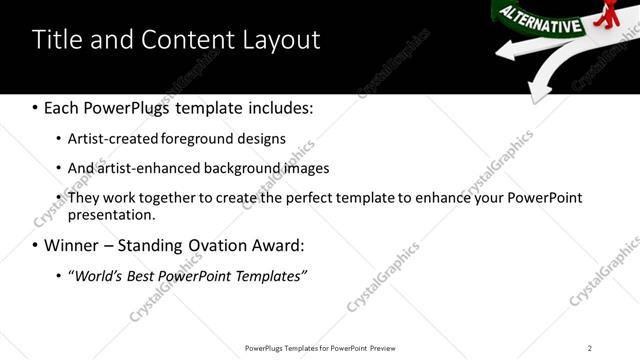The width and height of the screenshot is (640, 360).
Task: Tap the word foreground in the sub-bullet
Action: [213, 138]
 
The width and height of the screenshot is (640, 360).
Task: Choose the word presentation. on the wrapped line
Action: [112, 214]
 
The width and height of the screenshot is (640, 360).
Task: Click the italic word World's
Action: [99, 275]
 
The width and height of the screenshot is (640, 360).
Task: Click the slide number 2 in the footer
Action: [589, 348]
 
